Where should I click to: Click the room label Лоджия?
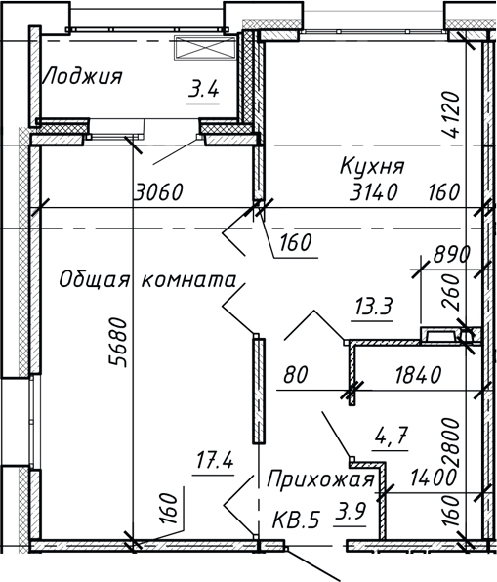click(x=82, y=76)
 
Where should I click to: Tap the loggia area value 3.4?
click(x=203, y=90)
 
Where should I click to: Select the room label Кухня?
click(x=372, y=166)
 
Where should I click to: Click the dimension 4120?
click(x=451, y=114)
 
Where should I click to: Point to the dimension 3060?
click(x=159, y=192)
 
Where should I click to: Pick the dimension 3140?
click(x=374, y=192)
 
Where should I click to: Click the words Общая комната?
click(x=147, y=280)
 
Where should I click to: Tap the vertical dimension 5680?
click(x=118, y=342)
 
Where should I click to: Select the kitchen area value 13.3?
click(x=374, y=307)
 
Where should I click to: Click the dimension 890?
click(x=452, y=254)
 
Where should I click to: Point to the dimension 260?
click(x=451, y=292)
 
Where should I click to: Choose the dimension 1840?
click(x=418, y=375)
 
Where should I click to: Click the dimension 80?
click(x=296, y=375)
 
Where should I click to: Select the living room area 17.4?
click(x=215, y=462)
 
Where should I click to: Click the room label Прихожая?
click(x=320, y=479)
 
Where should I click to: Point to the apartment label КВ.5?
click(x=296, y=520)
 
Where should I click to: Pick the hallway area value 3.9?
click(x=351, y=512)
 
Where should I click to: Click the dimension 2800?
click(x=451, y=442)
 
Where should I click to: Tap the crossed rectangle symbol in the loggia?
click(x=205, y=47)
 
